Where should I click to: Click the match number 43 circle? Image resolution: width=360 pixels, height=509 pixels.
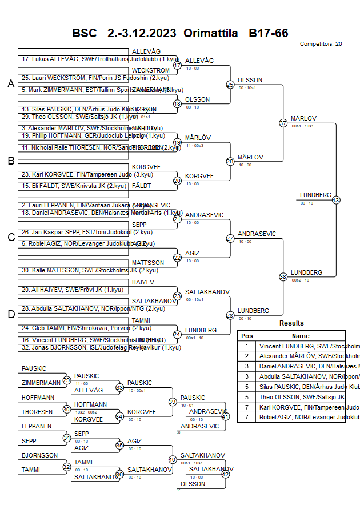coord(335,200)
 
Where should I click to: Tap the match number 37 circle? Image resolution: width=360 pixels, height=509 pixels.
coord(283,123)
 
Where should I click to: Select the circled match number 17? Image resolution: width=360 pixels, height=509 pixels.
coord(177,66)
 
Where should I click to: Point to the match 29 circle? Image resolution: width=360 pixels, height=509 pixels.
coord(66,380)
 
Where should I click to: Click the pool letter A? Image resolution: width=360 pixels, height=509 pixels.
coord(10,84)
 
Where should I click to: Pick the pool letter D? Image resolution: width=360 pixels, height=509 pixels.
coord(10,314)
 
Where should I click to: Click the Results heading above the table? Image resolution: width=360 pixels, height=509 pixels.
coord(291,323)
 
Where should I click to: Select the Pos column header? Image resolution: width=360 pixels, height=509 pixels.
coord(247,336)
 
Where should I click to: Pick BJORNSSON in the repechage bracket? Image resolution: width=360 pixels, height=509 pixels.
coord(39,455)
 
